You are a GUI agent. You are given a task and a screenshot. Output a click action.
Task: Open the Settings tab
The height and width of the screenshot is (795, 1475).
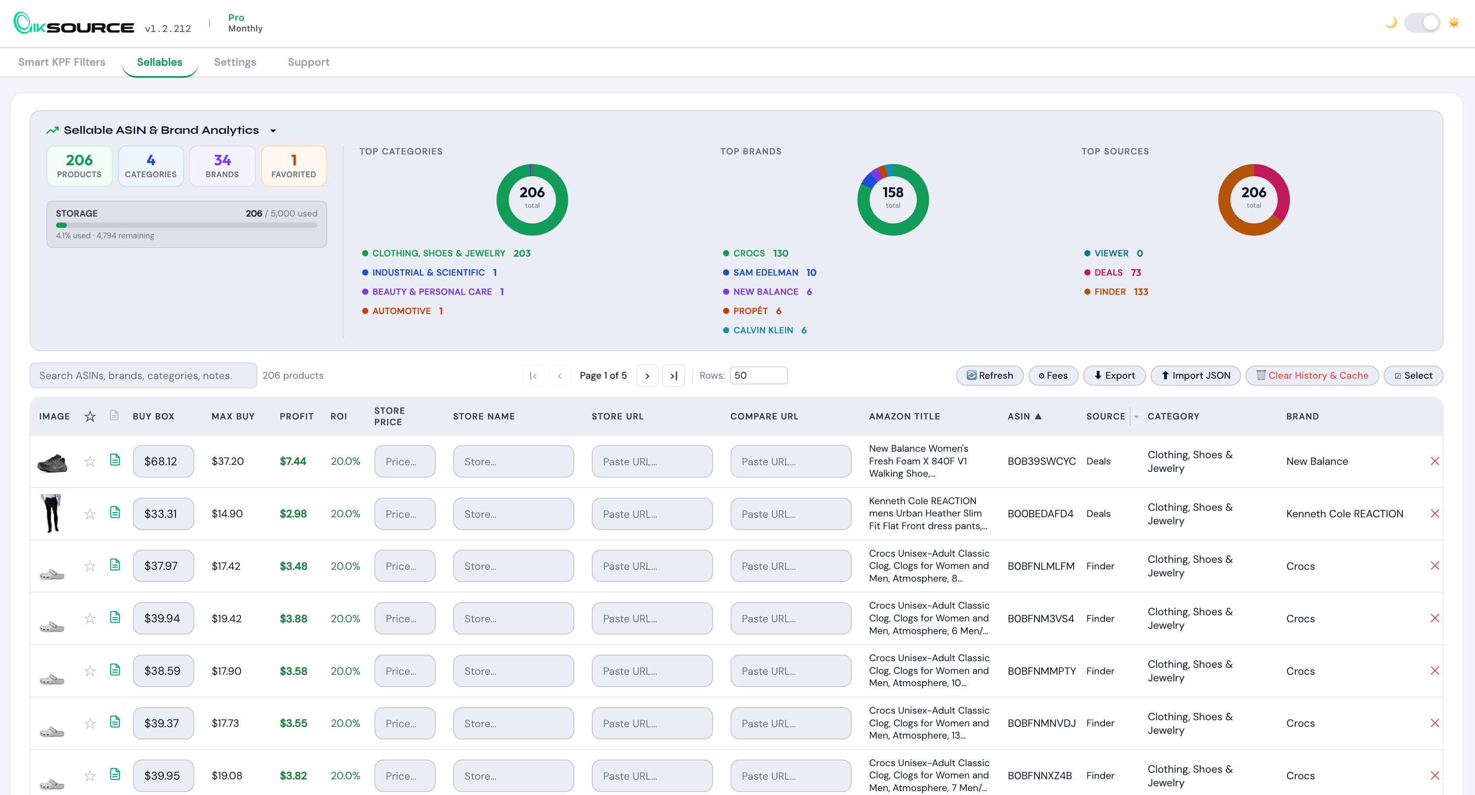point(235,62)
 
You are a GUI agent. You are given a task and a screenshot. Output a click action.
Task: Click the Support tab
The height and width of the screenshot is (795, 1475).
point(308,62)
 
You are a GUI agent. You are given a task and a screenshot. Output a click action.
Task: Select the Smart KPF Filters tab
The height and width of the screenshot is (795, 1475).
point(62,62)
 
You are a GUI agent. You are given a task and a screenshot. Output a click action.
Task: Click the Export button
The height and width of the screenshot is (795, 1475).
point(1114,376)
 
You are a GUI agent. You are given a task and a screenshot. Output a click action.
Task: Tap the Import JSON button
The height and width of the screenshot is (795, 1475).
point(1195,376)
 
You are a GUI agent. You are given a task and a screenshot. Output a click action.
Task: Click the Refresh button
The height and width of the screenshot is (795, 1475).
point(989,376)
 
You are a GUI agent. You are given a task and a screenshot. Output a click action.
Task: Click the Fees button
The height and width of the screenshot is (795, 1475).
point(1052,376)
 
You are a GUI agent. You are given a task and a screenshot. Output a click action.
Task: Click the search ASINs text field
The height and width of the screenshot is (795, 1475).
point(143,376)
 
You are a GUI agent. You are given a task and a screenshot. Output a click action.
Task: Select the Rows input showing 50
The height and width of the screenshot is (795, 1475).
point(758,376)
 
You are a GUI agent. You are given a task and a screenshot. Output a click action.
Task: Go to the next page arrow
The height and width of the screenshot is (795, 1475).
point(647,376)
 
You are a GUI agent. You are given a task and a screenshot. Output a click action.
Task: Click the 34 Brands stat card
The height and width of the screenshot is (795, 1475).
point(222,166)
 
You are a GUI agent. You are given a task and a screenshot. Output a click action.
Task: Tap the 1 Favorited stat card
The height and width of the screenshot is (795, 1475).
point(294,166)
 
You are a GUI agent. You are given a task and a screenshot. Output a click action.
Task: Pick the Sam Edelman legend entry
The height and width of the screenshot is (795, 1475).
point(765,272)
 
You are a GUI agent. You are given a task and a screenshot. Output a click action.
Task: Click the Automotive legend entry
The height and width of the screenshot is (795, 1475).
point(402,311)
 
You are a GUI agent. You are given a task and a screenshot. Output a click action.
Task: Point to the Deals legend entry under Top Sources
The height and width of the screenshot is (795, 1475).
point(1108,272)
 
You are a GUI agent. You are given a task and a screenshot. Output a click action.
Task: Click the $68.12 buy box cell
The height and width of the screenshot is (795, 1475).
point(163,461)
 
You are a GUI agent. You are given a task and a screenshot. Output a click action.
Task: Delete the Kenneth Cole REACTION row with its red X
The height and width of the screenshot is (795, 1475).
point(1434,513)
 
